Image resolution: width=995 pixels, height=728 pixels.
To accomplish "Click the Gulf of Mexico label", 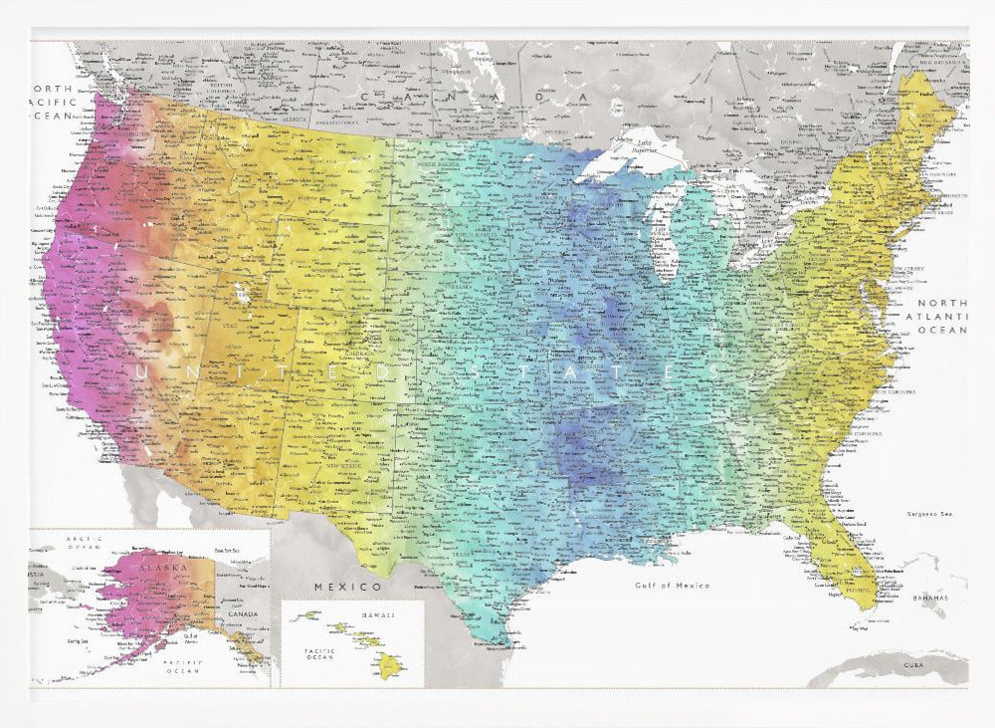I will (672, 586).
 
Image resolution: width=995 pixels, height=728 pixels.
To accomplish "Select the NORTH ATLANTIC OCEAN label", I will (940, 316).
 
